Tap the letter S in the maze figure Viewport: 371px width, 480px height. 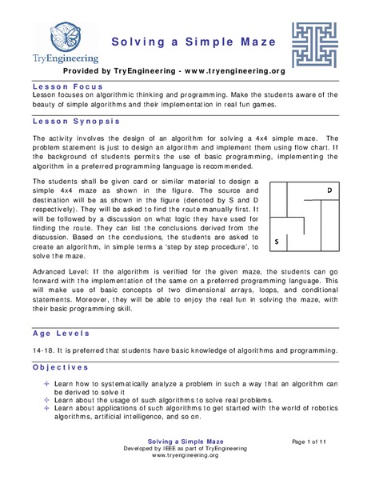click(277, 240)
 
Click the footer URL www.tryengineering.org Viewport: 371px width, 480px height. click(185, 465)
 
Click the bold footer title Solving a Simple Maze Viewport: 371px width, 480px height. click(185, 442)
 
